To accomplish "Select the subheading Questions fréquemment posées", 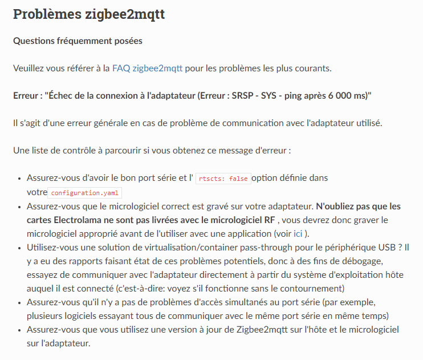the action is click(78, 41).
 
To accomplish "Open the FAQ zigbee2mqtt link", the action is click(147, 68).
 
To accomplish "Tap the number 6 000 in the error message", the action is click(333, 95).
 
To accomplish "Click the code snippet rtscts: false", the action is click(223, 179).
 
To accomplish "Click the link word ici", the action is click(298, 233).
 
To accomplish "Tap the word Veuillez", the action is click(28, 68).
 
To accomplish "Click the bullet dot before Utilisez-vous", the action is click(20, 248).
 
